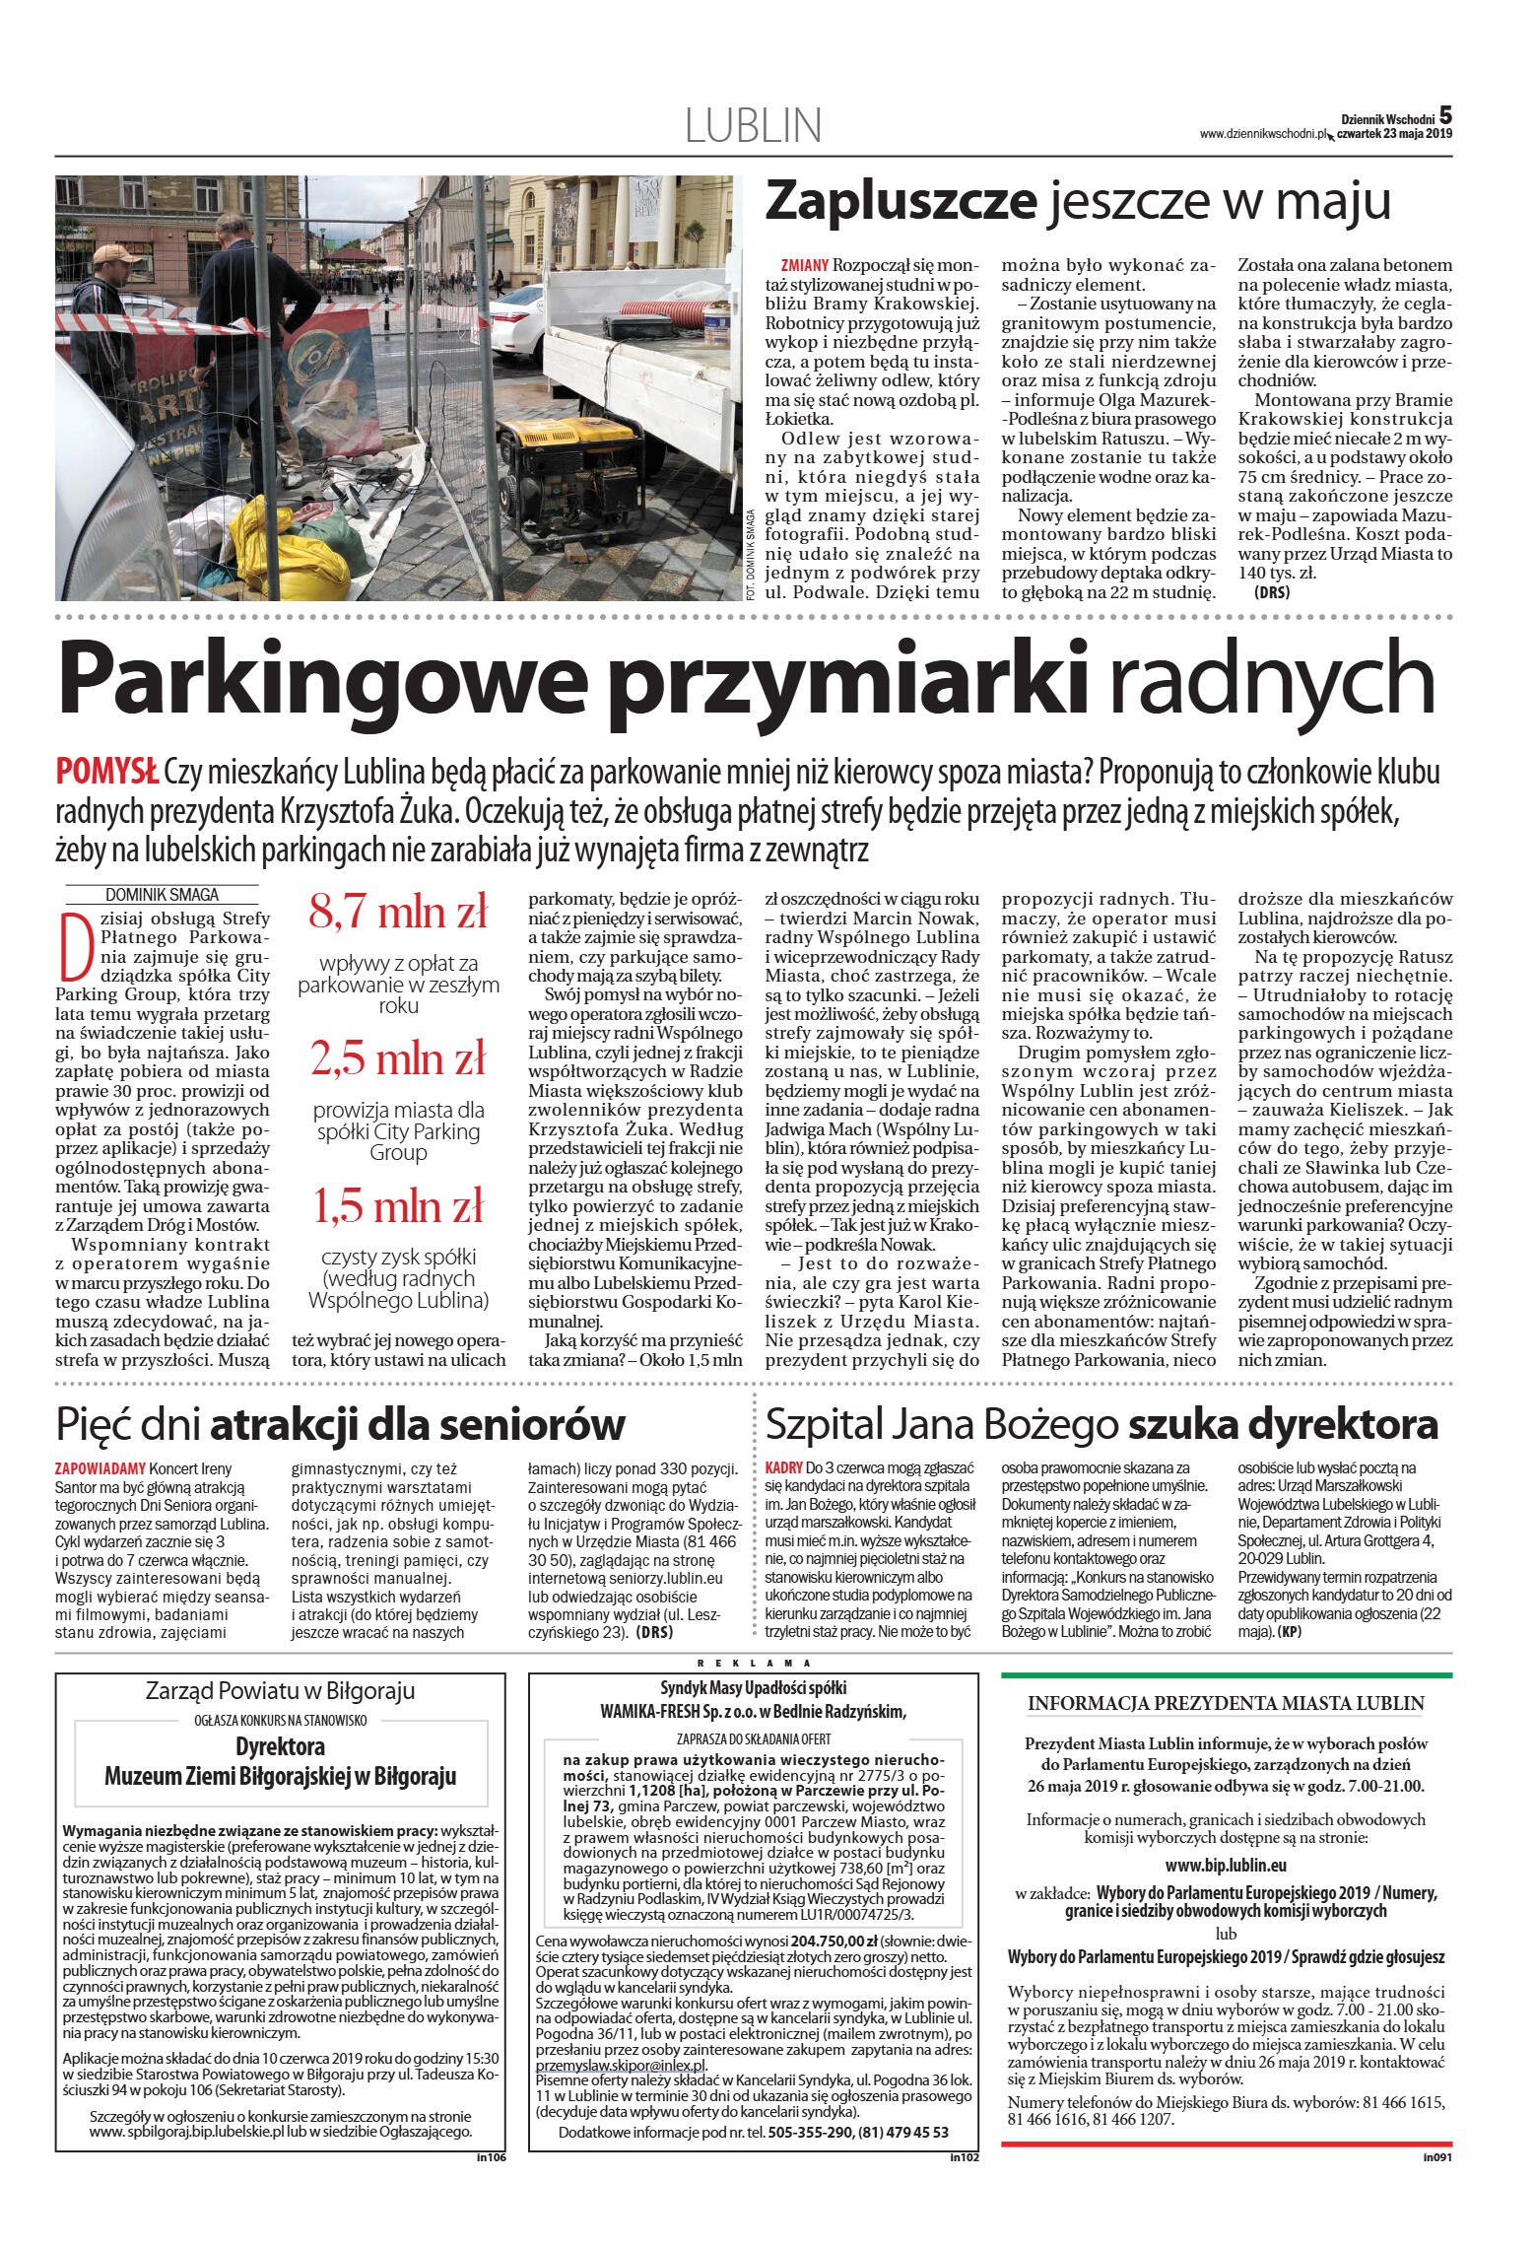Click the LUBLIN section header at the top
[753, 126]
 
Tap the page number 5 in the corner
[1444, 115]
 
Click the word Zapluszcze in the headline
[901, 201]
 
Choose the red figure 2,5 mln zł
[398, 1058]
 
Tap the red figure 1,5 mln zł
[398, 1205]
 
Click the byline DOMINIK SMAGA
[162, 895]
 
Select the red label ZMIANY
[804, 266]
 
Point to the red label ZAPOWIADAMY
[100, 1468]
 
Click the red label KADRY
[784, 1468]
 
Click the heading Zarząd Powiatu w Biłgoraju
[280, 1691]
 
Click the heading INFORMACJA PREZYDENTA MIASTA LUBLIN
[1226, 1703]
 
